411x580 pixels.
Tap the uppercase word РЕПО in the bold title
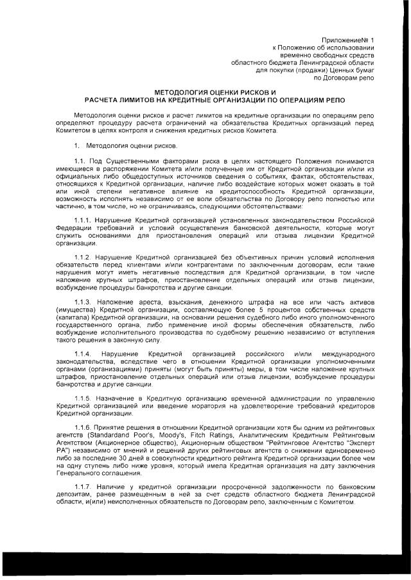(x=333, y=101)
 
